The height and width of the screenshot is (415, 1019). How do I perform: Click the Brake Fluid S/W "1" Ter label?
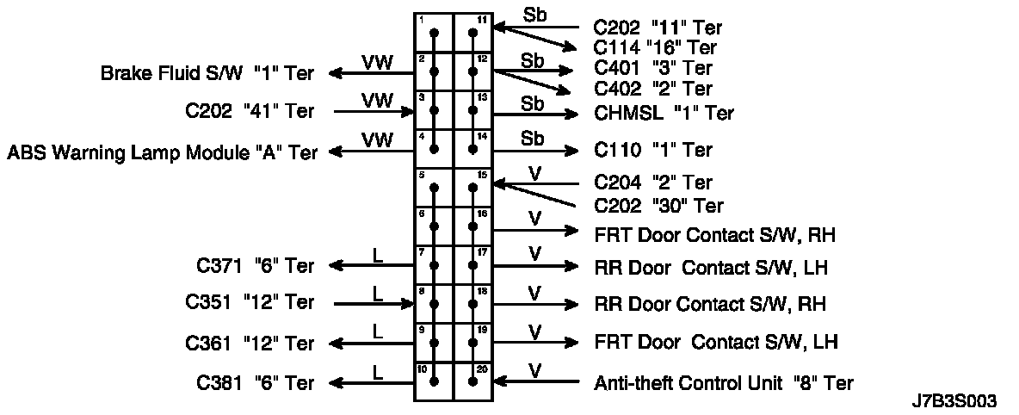[x=207, y=74]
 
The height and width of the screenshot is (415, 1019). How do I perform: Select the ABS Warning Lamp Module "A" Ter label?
[x=162, y=152]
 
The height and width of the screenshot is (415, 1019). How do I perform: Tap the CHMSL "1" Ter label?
[x=664, y=113]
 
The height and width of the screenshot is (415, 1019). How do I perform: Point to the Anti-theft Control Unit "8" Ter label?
[x=724, y=383]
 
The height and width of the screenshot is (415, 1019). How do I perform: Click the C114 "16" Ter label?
[x=655, y=48]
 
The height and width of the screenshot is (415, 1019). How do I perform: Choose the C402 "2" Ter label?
[x=653, y=89]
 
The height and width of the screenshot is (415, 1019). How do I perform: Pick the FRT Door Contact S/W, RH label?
[x=715, y=233]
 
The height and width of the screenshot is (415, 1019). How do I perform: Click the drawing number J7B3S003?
[x=954, y=401]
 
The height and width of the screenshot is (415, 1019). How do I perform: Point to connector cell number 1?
[x=434, y=33]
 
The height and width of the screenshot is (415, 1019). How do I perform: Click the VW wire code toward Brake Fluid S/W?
[x=376, y=62]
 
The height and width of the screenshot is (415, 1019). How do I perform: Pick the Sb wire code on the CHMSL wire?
[x=533, y=103]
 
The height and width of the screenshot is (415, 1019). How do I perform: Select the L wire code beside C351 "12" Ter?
[x=376, y=293]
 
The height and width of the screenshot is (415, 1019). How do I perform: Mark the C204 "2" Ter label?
[x=653, y=183]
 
